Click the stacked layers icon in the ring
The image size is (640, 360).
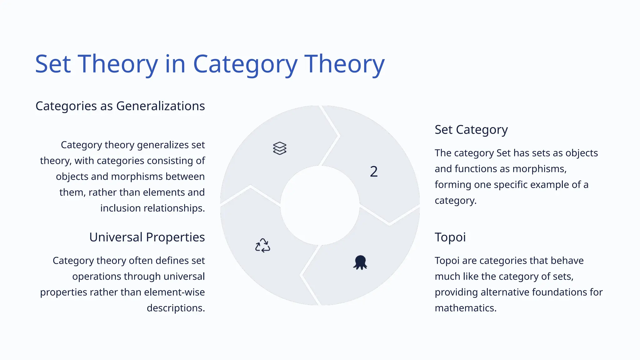pos(279,148)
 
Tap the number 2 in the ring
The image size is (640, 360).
pos(374,172)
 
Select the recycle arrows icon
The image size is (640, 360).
pos(262,245)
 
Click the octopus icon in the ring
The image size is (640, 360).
pos(360,262)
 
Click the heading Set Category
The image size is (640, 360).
pos(471,130)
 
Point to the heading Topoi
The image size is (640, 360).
pos(450,237)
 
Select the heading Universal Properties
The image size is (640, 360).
pos(147,237)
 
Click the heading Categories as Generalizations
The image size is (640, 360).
pos(120,106)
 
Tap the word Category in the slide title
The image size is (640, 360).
pos(245,64)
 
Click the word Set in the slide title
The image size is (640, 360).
pos(53,64)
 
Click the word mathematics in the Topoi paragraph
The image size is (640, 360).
pos(465,308)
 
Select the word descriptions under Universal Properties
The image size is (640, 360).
pos(176,308)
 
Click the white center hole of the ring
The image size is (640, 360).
pos(320,205)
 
